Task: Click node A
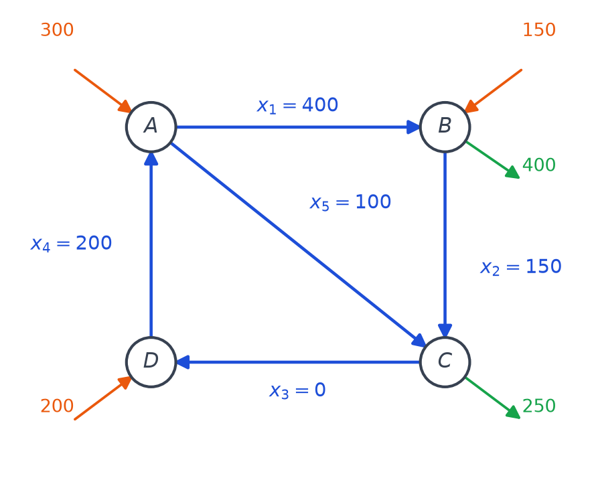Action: pos(151,127)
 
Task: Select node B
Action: pos(445,127)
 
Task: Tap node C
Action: pos(445,362)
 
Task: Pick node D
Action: pos(151,362)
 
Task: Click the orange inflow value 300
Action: pos(57,29)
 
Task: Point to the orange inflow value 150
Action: pos(539,29)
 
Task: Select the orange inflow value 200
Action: pos(57,406)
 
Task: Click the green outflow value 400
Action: pos(539,165)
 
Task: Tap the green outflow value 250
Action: pos(539,406)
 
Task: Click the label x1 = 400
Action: pos(297,105)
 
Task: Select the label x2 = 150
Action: pos(521,266)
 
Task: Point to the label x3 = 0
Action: pos(297,390)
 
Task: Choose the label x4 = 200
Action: pos(71,243)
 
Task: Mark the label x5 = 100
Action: pos(350,202)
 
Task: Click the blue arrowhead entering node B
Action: pos(413,127)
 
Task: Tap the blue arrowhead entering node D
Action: pos(183,362)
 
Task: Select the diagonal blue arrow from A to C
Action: pos(299,245)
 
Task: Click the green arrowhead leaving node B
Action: pos(513,173)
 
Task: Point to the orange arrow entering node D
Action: pos(102,398)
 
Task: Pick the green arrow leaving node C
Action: pos(493,398)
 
